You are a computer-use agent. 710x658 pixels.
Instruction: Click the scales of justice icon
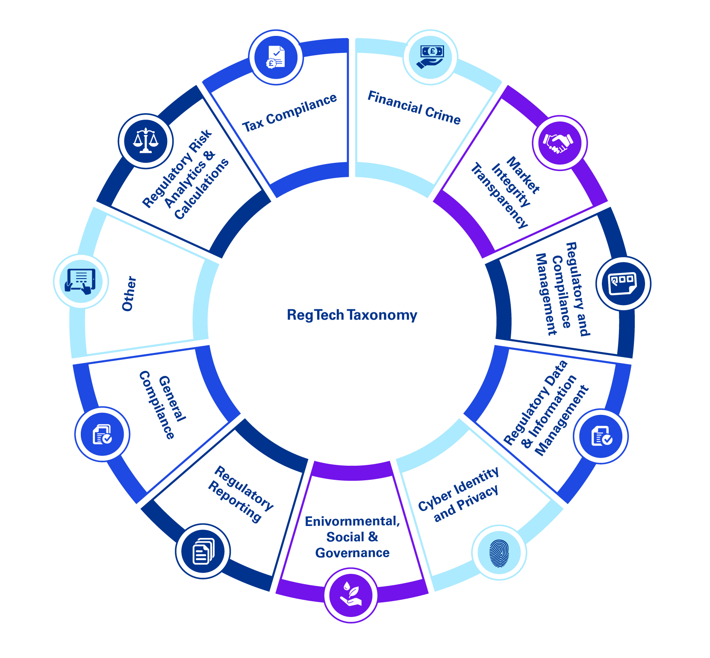(x=146, y=141)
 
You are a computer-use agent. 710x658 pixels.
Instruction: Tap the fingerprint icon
(x=499, y=552)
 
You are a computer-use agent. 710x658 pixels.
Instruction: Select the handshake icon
(x=560, y=143)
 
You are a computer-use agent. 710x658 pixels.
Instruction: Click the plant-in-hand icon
(x=351, y=595)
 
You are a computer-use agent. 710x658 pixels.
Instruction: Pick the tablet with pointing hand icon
(x=81, y=281)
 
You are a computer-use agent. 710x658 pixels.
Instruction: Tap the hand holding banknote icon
(x=430, y=57)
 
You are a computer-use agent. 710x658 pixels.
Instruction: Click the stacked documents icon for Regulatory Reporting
(x=203, y=551)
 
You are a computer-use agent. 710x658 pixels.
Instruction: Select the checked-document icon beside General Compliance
(x=103, y=434)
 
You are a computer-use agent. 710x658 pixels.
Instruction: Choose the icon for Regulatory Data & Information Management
(x=601, y=436)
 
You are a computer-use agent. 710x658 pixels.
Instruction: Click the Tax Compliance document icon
(x=276, y=57)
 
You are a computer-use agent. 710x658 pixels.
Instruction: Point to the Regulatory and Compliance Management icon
(x=623, y=284)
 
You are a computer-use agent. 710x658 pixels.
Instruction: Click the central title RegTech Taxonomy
(x=352, y=315)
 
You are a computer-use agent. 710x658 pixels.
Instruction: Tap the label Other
(x=129, y=294)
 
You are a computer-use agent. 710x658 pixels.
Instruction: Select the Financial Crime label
(x=414, y=108)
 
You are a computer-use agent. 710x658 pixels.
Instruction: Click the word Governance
(x=352, y=553)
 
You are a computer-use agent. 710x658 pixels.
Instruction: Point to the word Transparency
(x=499, y=196)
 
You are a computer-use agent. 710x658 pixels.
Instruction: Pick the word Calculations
(x=202, y=189)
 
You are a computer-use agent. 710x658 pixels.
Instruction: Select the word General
(x=173, y=399)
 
